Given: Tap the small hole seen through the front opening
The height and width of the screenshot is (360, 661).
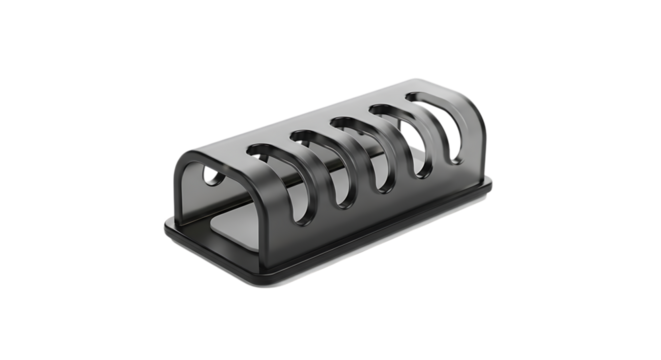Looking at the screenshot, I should click(x=210, y=178).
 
